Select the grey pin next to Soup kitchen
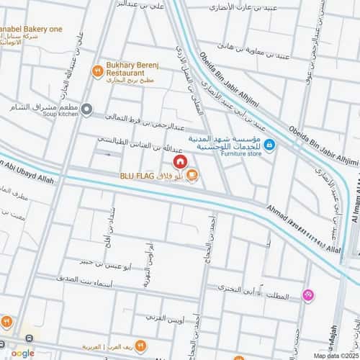tap(86, 109)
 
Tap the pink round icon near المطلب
tap(308, 294)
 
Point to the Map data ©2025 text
tap(334, 355)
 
